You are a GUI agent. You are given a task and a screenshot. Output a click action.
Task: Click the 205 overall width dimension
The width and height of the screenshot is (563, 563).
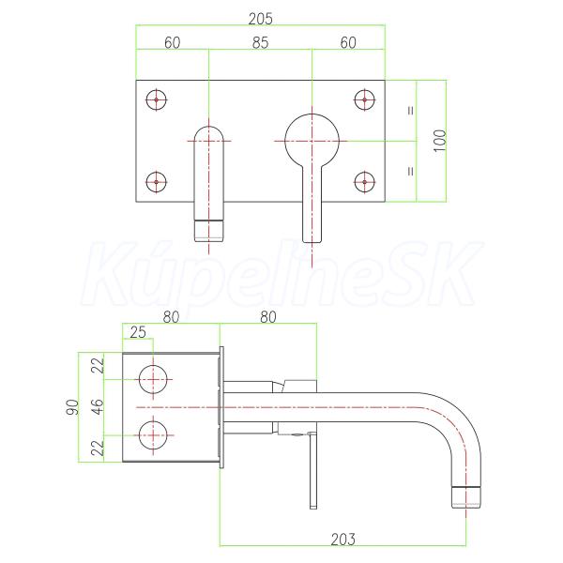tap(260, 19)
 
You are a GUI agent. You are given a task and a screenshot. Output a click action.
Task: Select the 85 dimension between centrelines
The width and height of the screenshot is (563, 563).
tap(260, 43)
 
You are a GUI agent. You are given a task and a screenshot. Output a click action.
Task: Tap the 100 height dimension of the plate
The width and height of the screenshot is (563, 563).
tap(440, 141)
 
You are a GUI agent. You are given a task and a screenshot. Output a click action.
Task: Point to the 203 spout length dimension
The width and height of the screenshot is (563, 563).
tap(342, 540)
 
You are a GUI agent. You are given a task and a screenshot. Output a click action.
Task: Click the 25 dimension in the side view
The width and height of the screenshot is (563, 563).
tap(138, 332)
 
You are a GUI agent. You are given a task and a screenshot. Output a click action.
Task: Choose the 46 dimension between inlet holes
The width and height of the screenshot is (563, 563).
tap(98, 407)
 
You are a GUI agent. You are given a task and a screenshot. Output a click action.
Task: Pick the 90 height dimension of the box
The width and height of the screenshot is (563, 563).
tap(72, 407)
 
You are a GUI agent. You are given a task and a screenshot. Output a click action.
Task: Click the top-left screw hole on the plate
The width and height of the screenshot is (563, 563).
tap(156, 99)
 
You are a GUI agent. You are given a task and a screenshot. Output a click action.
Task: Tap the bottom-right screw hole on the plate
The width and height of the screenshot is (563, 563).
tap(364, 182)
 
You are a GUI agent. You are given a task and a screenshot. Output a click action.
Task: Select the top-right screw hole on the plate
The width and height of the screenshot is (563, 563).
tap(364, 99)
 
